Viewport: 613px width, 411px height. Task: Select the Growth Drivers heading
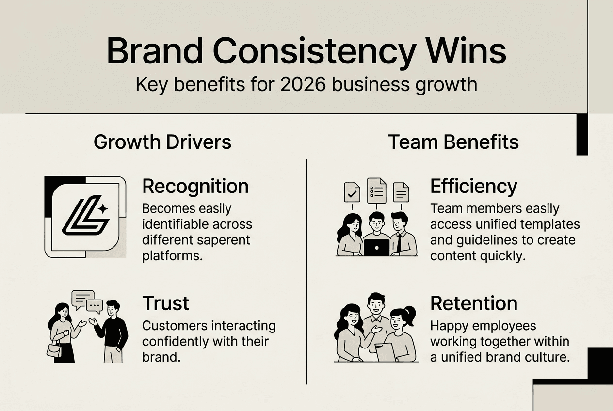coord(162,142)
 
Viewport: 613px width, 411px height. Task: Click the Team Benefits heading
coord(453,142)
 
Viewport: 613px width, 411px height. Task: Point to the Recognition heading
coord(195,186)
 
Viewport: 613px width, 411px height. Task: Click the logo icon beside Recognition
coord(85,216)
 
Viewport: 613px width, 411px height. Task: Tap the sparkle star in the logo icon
coord(103,208)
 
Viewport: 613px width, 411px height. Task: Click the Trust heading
coord(166,303)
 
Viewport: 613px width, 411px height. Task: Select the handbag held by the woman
coord(54,348)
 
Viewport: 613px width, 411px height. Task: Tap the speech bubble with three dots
coord(94,305)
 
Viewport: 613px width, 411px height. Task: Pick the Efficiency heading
coord(474,186)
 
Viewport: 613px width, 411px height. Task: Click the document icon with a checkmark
coord(352,192)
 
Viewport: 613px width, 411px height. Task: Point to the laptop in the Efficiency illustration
coord(376,248)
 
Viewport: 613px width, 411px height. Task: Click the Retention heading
coord(474,303)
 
